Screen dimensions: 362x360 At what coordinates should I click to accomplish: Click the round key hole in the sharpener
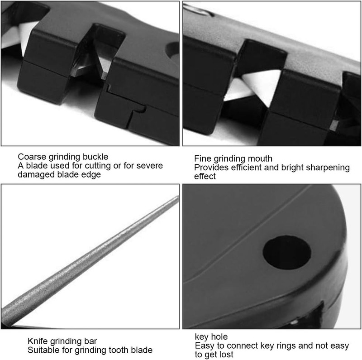(x=287, y=252)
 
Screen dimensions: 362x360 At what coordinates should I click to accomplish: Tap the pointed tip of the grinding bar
(x=178, y=197)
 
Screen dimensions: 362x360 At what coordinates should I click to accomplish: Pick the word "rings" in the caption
(x=285, y=346)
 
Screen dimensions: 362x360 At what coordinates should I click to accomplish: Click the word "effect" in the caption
(x=205, y=176)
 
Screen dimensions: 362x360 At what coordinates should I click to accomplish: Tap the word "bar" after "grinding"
(x=91, y=341)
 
